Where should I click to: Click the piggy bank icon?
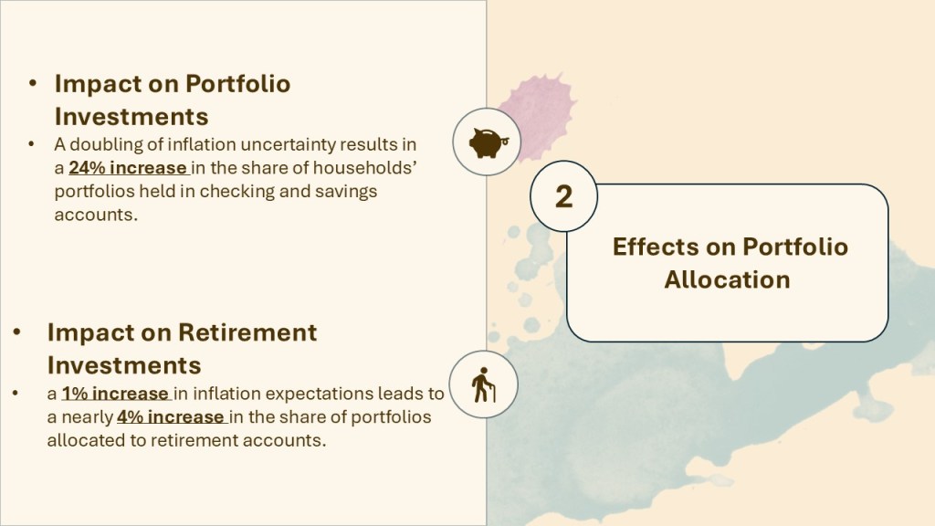pos(487,142)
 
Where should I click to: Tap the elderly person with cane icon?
pos(483,384)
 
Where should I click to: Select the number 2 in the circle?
pos(563,196)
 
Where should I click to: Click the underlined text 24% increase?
pos(128,168)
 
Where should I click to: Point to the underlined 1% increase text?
pos(115,394)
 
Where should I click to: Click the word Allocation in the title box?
pos(727,279)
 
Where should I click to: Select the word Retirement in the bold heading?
pos(248,332)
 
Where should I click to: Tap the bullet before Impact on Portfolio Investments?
pos(32,83)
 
